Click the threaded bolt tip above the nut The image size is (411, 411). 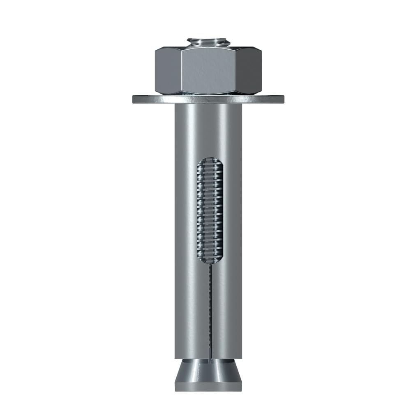coord(208,42)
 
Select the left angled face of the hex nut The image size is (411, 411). coord(169,71)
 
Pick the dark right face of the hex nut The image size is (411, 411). coord(249,71)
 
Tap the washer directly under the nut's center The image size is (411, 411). coord(208,99)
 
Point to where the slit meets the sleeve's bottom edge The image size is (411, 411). coord(210,358)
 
